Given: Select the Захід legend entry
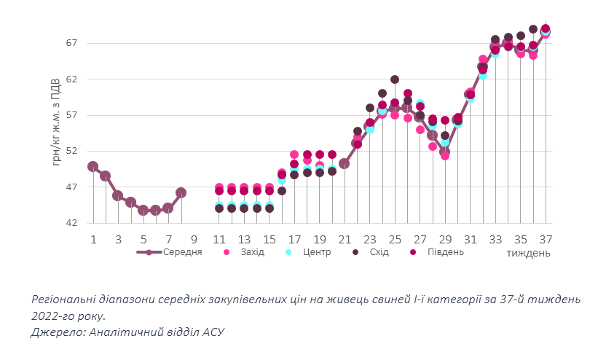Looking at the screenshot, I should (x=253, y=252).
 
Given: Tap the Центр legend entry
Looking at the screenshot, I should (x=317, y=252).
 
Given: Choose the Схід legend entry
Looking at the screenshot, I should (x=379, y=252).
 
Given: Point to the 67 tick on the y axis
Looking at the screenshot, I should (x=71, y=43).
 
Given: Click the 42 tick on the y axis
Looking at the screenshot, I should (x=71, y=223).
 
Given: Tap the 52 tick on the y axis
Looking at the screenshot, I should (x=71, y=151).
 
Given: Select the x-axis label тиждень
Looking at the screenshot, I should (x=528, y=253).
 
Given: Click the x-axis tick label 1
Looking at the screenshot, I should (x=93, y=239).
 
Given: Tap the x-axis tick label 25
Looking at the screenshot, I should (x=395, y=239).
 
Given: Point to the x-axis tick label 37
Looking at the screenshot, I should (x=546, y=239).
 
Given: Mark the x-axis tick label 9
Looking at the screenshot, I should (x=194, y=239).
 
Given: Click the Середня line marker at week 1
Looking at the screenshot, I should (x=93, y=166).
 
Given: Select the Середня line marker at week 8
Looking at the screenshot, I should (x=181, y=192).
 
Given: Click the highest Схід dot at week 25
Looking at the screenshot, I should (x=395, y=79).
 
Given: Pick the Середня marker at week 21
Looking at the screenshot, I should (x=345, y=163).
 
